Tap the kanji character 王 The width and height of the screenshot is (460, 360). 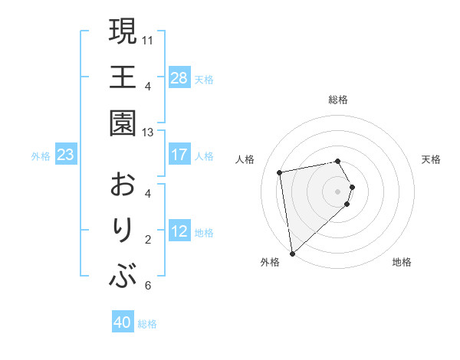click(123, 77)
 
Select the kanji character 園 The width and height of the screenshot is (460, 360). click(123, 123)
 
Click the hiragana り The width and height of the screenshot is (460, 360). click(123, 231)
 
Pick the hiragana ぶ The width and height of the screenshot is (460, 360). click(123, 277)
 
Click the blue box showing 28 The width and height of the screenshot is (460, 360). click(179, 78)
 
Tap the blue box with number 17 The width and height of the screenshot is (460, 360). click(179, 155)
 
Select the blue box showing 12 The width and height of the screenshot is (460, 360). click(179, 231)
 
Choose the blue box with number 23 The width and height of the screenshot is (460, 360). click(66, 155)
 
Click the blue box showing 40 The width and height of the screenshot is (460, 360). click(123, 323)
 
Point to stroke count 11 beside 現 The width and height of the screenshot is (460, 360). click(148, 39)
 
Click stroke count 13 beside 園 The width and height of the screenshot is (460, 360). click(148, 132)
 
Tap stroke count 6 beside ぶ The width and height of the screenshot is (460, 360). click(147, 286)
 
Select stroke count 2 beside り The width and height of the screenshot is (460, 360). click(147, 239)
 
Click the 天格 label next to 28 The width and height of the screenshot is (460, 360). click(204, 79)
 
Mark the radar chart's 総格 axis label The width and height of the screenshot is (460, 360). click(338, 100)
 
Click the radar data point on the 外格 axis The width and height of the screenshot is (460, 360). click(292, 253)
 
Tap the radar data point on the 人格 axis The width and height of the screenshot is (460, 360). click(280, 172)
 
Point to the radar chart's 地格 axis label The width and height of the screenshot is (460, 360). click(402, 262)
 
